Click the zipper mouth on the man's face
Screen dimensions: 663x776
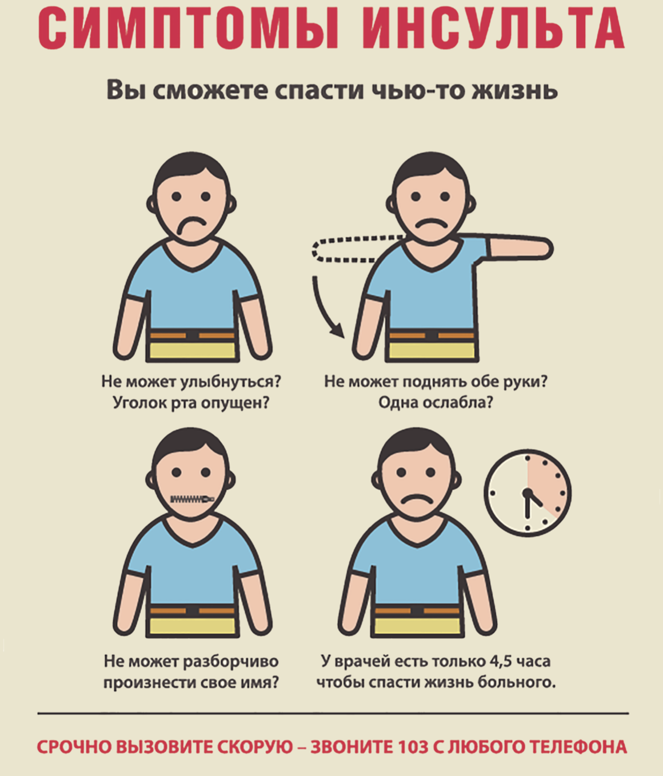192,499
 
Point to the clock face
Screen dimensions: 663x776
528,493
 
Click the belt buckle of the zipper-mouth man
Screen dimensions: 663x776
192,611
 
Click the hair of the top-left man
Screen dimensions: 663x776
191,169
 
